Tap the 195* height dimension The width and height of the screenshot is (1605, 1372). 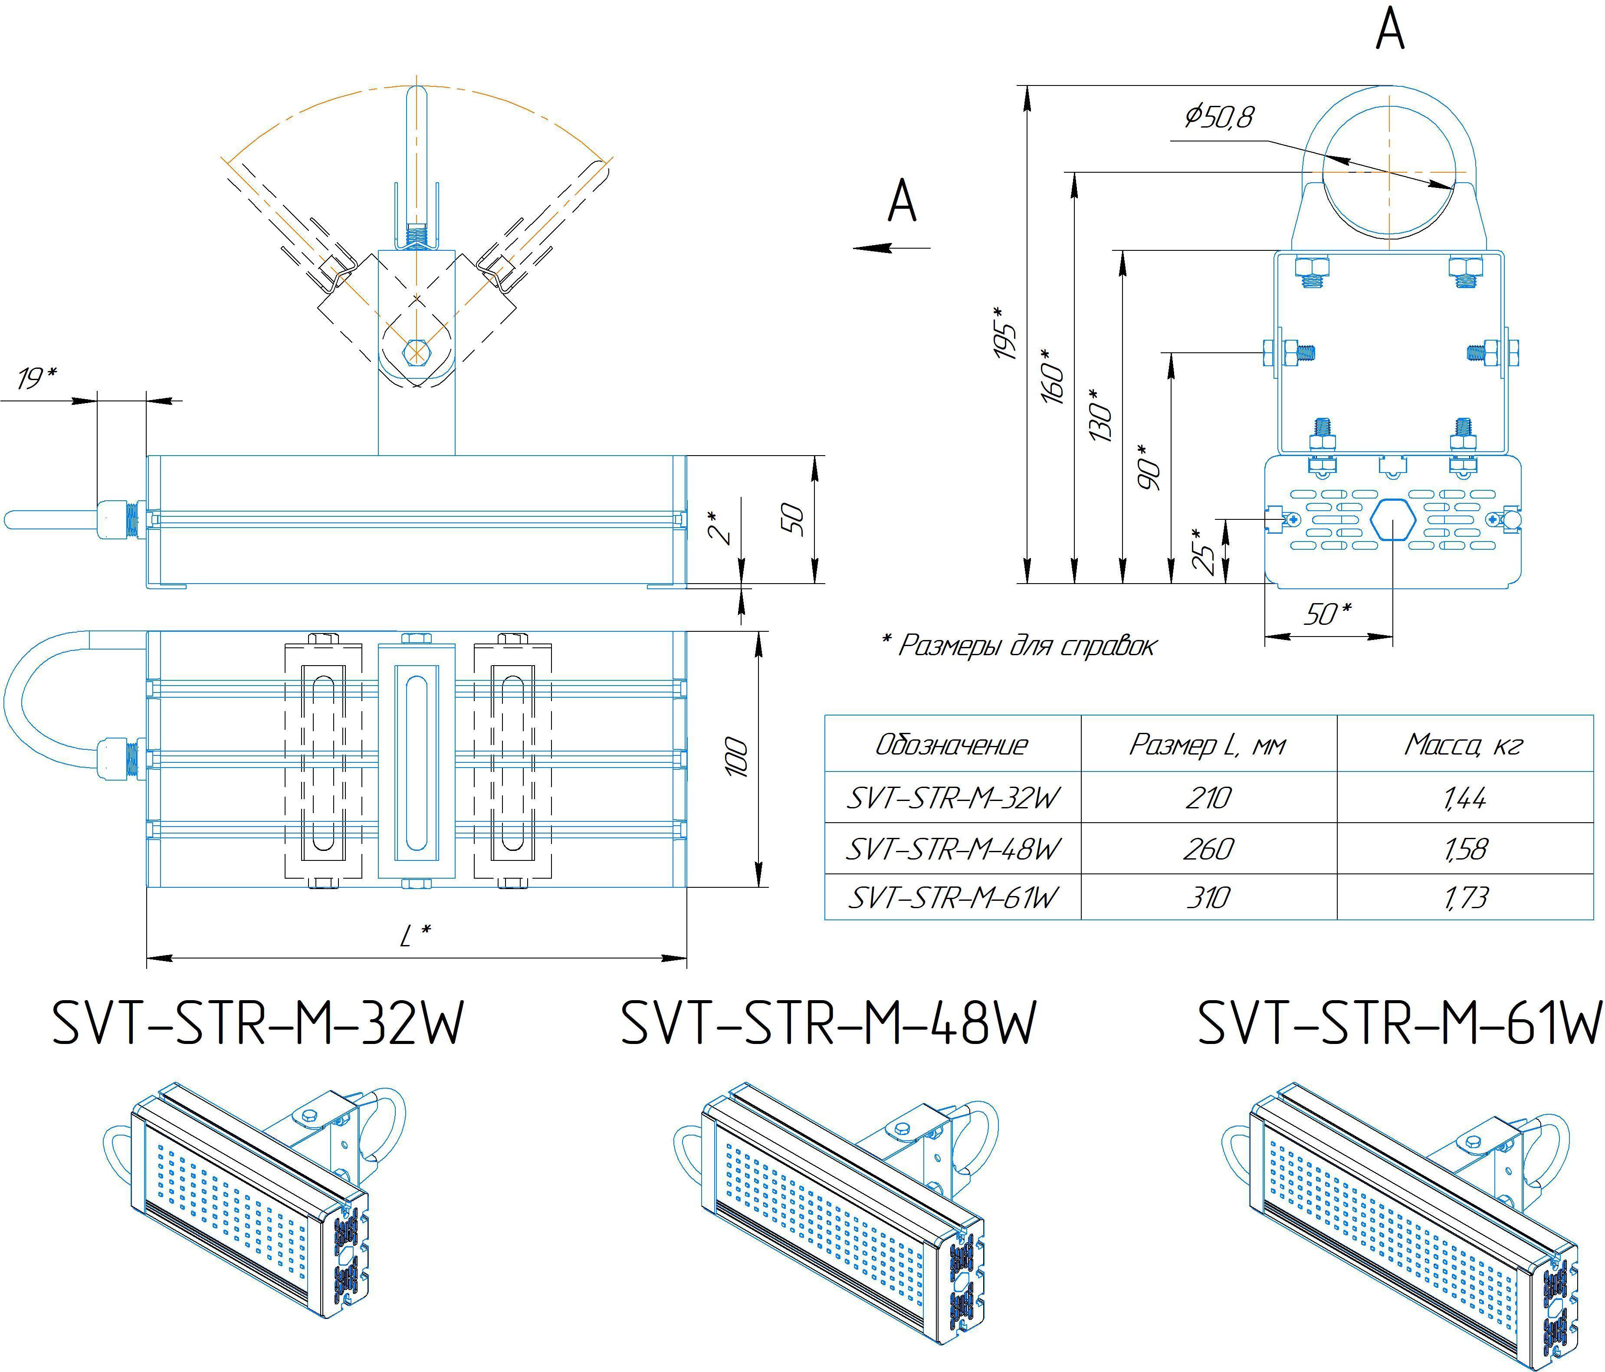tap(1005, 333)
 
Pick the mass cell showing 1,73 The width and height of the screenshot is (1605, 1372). tap(1465, 898)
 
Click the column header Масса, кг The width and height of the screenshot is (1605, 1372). tap(1463, 745)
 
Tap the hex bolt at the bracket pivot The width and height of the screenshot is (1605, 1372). tap(416, 351)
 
